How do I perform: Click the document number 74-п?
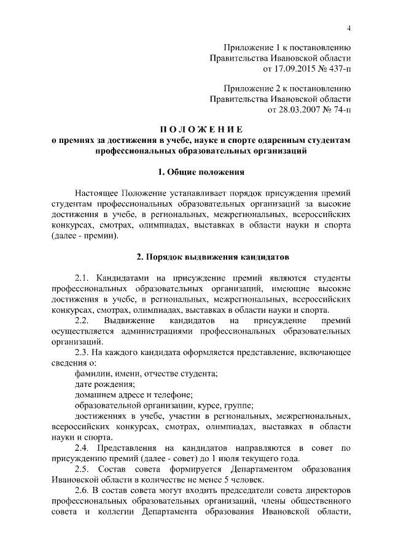(340, 110)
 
